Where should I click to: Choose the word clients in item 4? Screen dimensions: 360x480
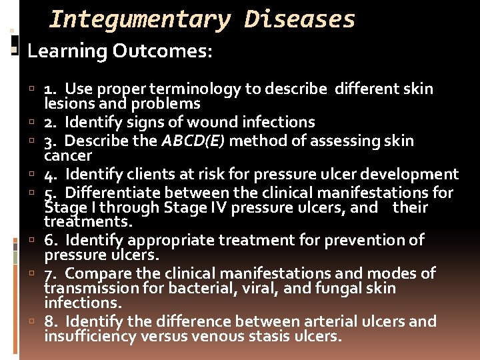pos(148,175)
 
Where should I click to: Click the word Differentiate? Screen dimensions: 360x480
pos(111,193)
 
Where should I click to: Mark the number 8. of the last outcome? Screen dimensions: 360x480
pos(51,321)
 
